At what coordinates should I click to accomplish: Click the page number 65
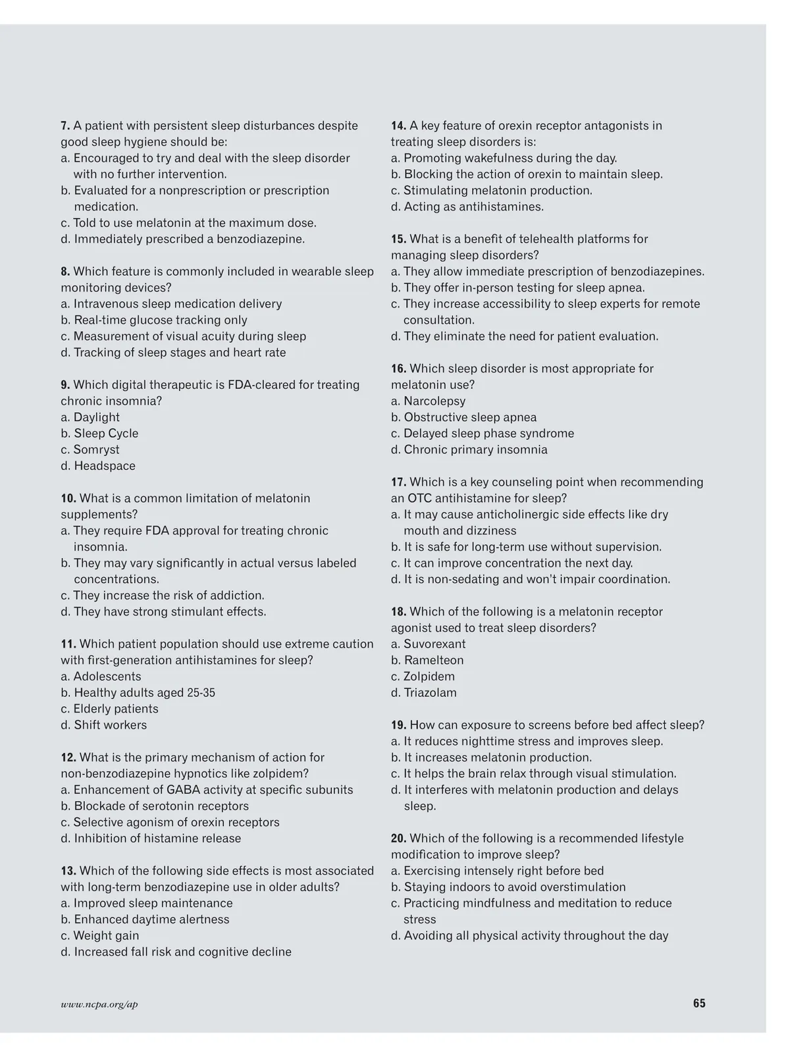pos(698,1003)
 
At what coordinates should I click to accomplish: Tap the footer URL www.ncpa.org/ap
pos(99,1004)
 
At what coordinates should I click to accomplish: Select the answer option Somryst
pos(90,450)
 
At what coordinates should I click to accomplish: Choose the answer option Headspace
pos(98,466)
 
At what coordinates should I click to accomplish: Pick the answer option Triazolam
pos(423,692)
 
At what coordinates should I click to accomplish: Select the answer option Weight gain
pos(100,935)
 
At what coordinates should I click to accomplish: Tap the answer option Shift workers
pos(104,725)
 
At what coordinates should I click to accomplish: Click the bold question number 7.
pos(65,126)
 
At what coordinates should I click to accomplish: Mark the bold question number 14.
pos(398,126)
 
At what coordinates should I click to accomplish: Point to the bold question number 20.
pos(398,838)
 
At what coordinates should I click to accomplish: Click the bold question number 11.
pos(68,644)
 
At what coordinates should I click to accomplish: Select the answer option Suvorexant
pos(428,644)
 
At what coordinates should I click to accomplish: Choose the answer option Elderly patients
pos(109,709)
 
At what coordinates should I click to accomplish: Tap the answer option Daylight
pos(90,417)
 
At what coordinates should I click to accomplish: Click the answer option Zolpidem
pos(423,677)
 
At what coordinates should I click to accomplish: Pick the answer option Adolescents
pos(101,677)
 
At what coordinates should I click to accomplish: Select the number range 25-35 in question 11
pos(201,693)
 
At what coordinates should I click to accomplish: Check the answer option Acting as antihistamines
pos(467,207)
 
